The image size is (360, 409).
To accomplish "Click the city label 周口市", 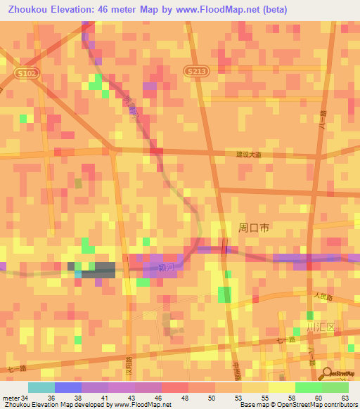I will [x=254, y=228].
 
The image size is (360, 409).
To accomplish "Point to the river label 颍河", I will [x=166, y=267].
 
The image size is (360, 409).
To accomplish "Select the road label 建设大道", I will [x=248, y=155].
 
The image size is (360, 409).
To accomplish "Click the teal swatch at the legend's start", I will [x=41, y=387].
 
